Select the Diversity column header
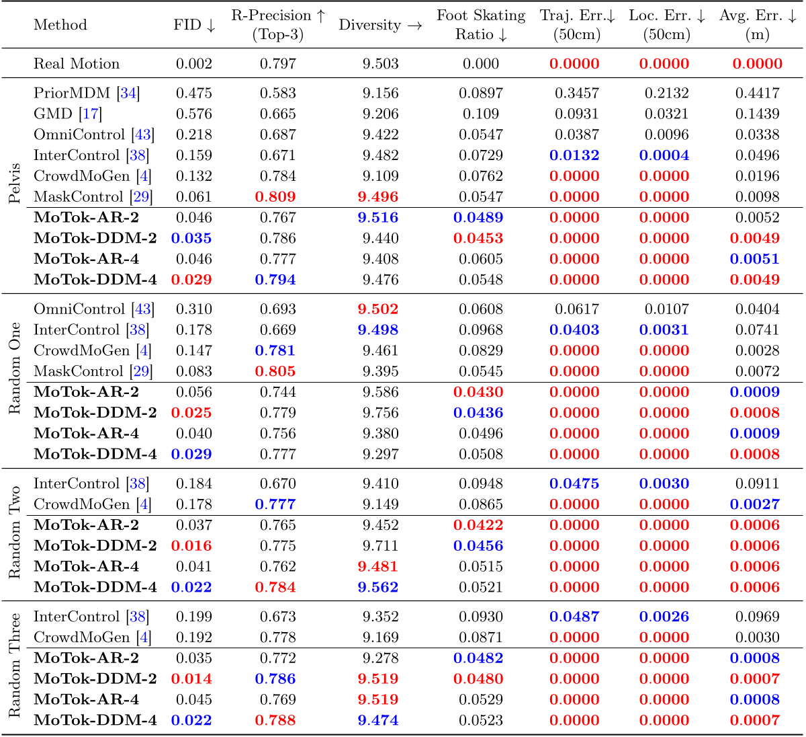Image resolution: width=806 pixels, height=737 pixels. pos(380,25)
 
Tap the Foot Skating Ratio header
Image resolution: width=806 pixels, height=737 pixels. pos(481,25)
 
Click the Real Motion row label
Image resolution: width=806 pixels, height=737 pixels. pos(77,64)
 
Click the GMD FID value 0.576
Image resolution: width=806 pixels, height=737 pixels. pos(193,114)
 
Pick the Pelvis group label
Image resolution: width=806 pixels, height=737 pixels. pos(15,183)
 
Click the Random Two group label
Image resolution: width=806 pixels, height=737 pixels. pos(15,533)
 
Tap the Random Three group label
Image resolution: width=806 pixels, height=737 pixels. pos(15,665)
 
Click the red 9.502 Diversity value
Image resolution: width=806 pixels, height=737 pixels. pos(378,309)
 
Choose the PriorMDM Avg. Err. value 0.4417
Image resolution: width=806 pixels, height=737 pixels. pos(757,93)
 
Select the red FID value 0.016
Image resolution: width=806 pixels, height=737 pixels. pos(191,546)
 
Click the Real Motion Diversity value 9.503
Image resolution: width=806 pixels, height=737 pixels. pos(380,64)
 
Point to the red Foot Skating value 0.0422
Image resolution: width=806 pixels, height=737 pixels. pos(478,525)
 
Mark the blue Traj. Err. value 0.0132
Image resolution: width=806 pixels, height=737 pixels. pos(574,155)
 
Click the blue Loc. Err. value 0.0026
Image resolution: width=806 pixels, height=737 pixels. pos(664,617)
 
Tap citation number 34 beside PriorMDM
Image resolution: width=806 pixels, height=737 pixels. pos(128,93)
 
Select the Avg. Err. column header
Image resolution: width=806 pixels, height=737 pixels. pos(757,25)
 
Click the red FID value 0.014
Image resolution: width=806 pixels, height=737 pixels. pos(191,679)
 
